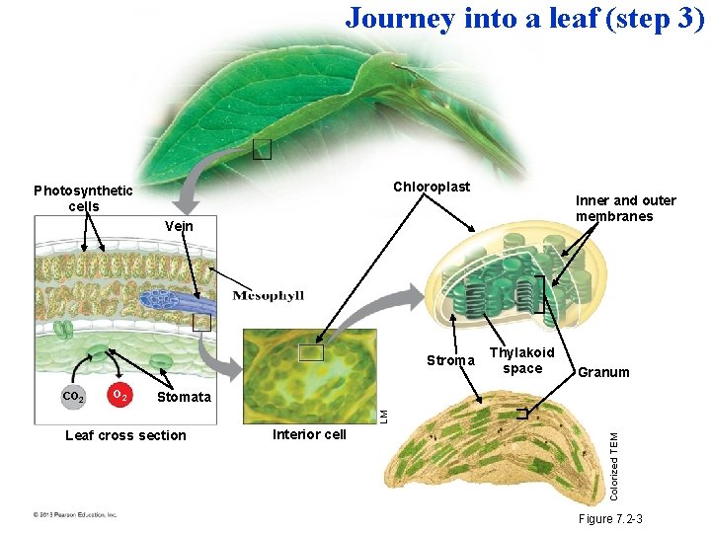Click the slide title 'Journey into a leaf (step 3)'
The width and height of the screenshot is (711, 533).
[x=524, y=19]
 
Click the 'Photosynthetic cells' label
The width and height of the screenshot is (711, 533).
[x=83, y=198]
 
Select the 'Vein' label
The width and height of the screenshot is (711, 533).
[x=180, y=227]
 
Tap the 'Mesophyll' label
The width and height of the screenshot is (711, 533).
[x=268, y=295]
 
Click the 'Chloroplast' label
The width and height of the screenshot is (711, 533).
[x=432, y=187]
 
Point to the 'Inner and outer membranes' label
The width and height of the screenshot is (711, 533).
[x=625, y=208]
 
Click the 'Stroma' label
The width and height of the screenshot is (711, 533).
[x=450, y=360]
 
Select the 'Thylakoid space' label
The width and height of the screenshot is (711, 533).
[x=522, y=360]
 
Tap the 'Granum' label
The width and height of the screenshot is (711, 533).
[x=603, y=372]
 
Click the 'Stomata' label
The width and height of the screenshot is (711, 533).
[x=184, y=397]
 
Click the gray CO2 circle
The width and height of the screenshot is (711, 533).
[x=72, y=397]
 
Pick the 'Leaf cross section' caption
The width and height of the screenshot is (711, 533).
[x=124, y=435]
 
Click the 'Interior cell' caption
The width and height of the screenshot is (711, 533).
[x=309, y=434]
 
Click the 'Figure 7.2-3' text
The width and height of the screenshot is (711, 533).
[x=609, y=519]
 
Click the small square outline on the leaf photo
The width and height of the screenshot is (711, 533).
[x=262, y=149]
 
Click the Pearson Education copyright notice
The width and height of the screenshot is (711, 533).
[x=74, y=514]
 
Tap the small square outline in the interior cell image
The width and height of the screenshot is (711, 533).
[x=312, y=353]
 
